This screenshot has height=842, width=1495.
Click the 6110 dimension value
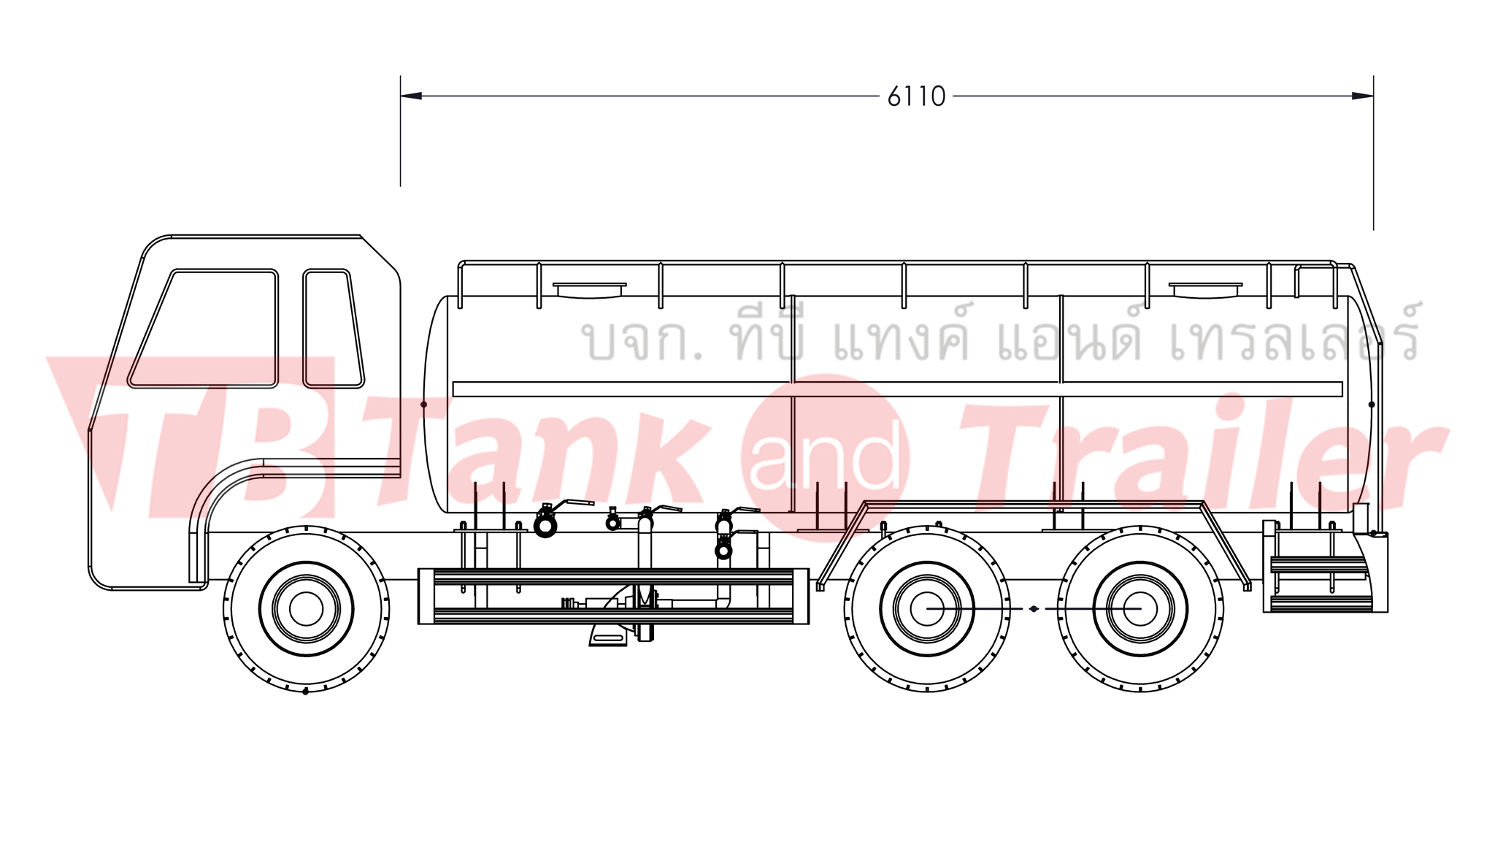point(916,96)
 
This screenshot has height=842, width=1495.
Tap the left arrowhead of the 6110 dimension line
point(411,96)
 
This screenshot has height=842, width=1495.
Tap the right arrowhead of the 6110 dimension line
point(1362,96)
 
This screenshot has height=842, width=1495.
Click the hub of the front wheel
point(306,608)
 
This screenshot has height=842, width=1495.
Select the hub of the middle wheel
point(927,608)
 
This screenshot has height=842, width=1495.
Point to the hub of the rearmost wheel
point(1140,608)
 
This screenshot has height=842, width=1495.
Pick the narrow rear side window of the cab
point(333,328)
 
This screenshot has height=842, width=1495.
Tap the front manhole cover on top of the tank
point(589,290)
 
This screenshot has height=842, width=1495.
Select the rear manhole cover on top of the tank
point(1205,290)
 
